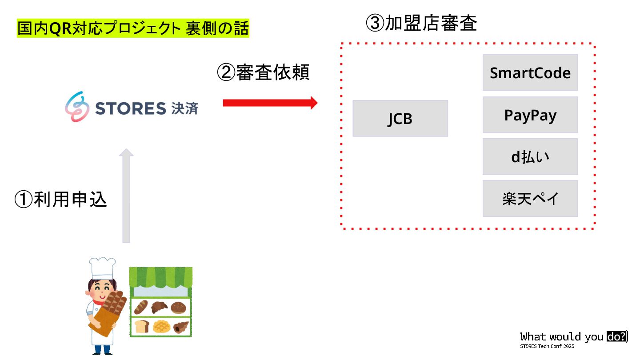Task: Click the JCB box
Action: (x=400, y=119)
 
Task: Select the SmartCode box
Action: (x=530, y=73)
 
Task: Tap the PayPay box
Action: (x=530, y=115)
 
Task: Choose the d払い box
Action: (x=530, y=157)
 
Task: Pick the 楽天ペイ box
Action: (x=530, y=199)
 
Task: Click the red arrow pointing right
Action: (x=270, y=103)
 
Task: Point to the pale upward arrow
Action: (x=126, y=196)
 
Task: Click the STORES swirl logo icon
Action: (x=76, y=107)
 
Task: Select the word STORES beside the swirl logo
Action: (x=131, y=108)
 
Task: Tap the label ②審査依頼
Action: (x=263, y=72)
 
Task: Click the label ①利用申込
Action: (x=61, y=200)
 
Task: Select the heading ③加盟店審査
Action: (x=421, y=24)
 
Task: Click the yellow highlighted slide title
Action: (x=133, y=29)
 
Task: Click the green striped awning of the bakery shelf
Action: (x=160, y=276)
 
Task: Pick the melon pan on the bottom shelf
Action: (x=161, y=327)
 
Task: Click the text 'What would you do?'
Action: (x=573, y=336)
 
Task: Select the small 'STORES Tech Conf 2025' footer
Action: (x=547, y=346)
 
